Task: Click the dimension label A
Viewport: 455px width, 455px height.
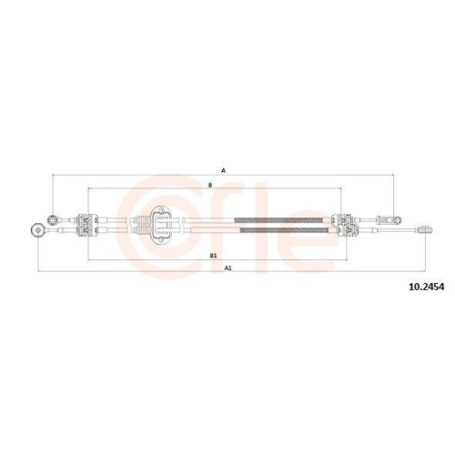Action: click(223, 170)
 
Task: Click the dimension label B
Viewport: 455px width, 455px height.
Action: click(211, 185)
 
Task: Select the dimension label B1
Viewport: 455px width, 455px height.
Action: click(213, 256)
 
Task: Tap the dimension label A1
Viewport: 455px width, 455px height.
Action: click(227, 268)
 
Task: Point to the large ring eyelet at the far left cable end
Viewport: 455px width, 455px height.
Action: click(37, 227)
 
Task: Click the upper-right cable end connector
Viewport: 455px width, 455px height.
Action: click(394, 218)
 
